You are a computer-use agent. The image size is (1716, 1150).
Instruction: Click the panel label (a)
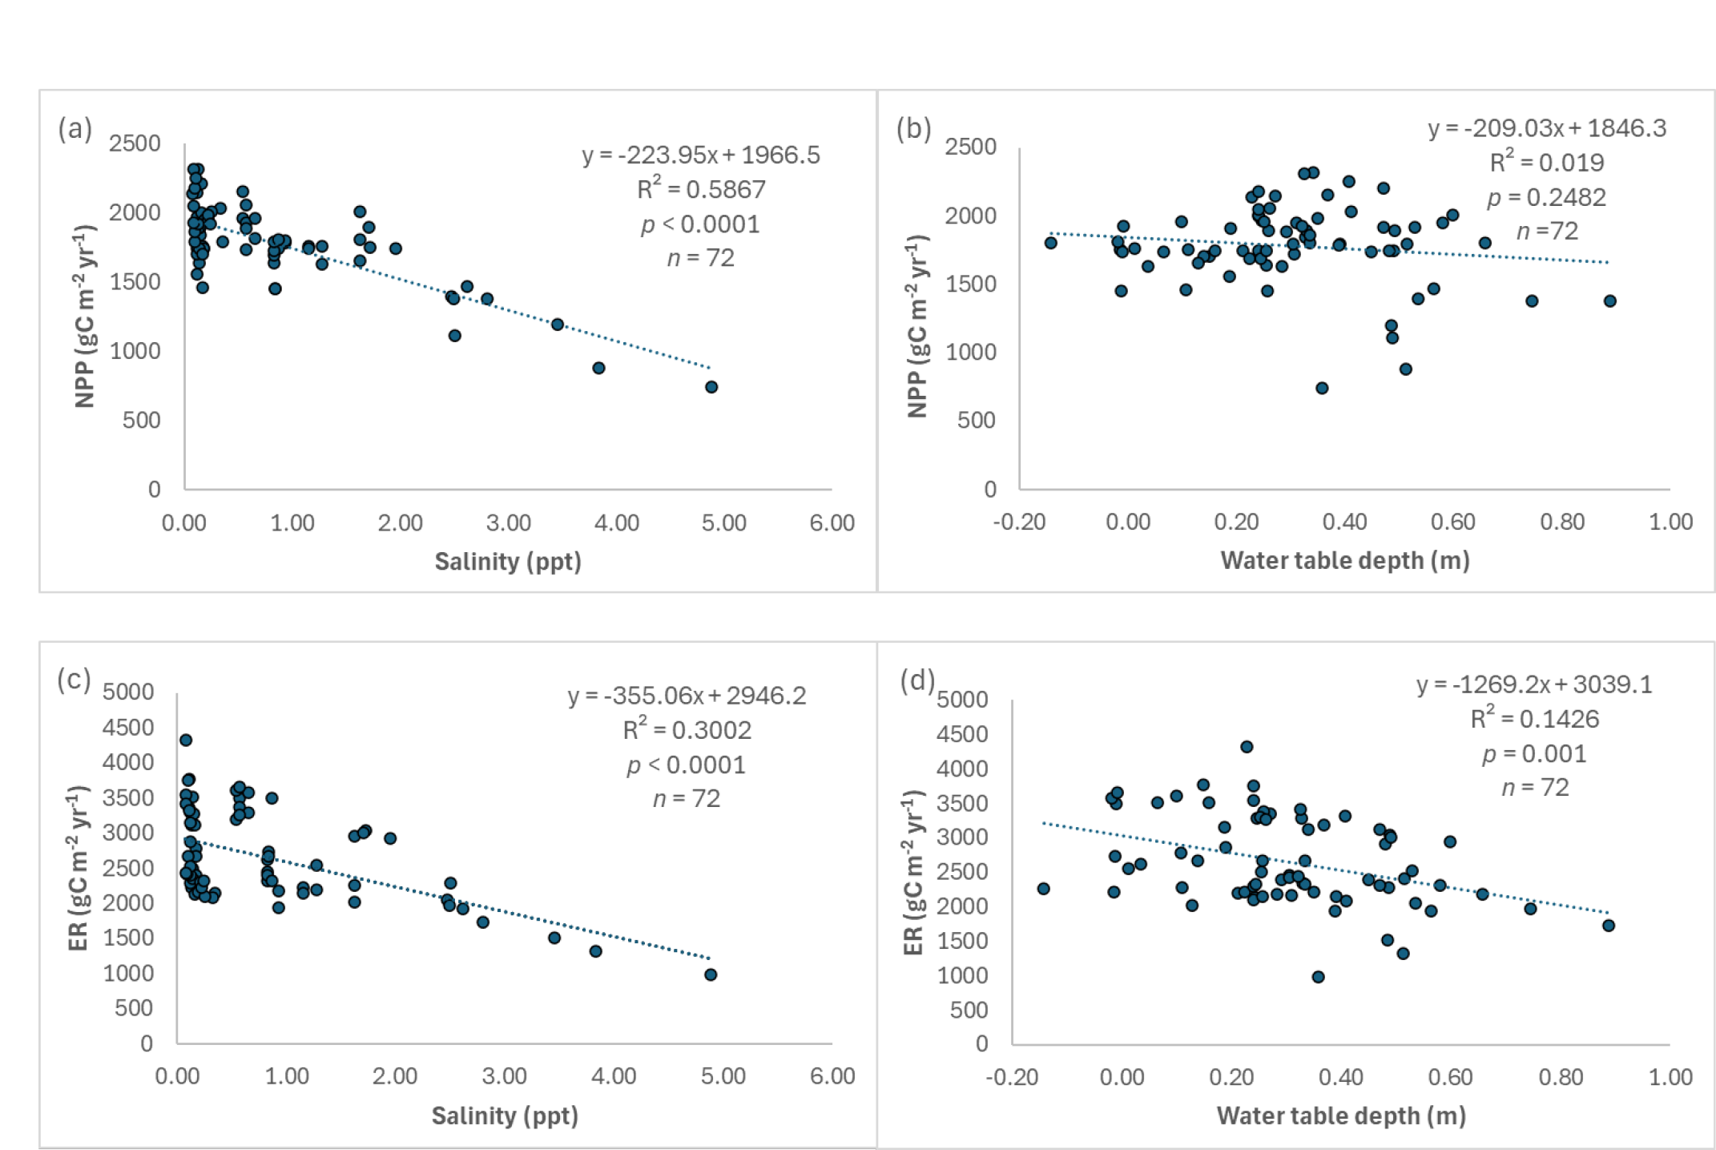(75, 129)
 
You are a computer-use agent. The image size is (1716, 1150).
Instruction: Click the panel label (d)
(917, 680)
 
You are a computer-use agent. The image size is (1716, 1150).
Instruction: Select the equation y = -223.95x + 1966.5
(701, 155)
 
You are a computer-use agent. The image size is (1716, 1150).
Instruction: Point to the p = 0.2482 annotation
(1546, 197)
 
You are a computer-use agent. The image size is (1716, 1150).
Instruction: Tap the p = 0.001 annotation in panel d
(1534, 753)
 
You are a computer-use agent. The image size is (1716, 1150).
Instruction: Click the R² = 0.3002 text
(687, 730)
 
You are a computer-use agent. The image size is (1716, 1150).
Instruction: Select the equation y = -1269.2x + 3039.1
(1534, 684)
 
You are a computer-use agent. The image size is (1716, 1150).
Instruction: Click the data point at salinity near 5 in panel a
(711, 387)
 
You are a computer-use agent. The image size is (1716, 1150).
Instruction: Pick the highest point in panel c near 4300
(186, 740)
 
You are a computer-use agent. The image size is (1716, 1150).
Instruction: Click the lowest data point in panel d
(1318, 976)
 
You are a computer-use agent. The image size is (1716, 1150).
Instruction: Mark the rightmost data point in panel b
(1609, 301)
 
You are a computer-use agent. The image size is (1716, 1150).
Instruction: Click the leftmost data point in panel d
(1043, 888)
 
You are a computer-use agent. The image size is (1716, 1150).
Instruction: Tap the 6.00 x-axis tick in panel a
(832, 523)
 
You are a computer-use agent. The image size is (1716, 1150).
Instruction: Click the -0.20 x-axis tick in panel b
(1019, 523)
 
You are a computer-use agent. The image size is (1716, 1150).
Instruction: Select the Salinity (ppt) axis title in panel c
(505, 1116)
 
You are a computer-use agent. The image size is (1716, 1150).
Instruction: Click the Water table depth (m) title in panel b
(1344, 560)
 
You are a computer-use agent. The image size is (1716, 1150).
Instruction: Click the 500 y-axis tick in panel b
(976, 420)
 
